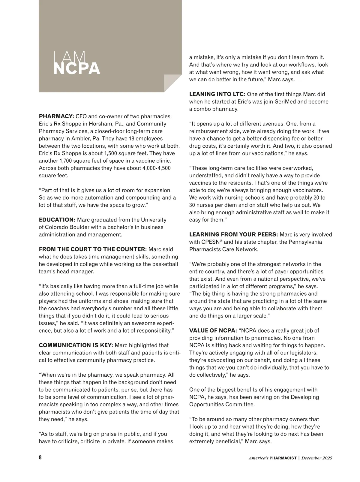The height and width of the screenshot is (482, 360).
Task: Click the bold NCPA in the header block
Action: (x=76, y=68)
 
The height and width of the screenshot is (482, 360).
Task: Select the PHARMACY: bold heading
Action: (x=56, y=116)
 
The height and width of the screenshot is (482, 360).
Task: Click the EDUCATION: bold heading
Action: (x=57, y=220)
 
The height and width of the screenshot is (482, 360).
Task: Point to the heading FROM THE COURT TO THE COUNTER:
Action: (x=93, y=249)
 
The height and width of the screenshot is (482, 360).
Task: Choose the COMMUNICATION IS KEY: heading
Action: (x=76, y=345)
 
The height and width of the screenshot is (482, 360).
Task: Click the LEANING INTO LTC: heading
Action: (x=217, y=94)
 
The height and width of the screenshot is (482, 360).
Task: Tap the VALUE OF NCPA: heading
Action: (x=213, y=330)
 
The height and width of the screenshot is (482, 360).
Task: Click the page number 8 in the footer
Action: (x=40, y=458)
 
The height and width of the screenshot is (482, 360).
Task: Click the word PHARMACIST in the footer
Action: (x=283, y=458)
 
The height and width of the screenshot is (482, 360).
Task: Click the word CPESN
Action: (x=205, y=242)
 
